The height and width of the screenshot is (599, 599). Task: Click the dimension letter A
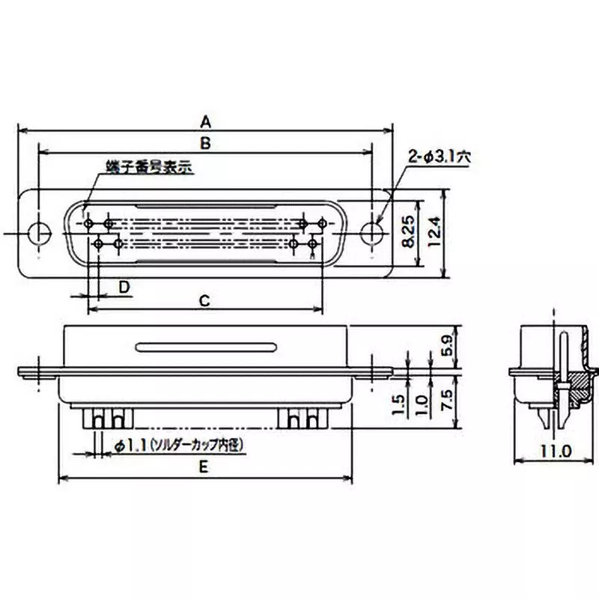point(206,120)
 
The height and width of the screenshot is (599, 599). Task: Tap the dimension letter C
point(203,300)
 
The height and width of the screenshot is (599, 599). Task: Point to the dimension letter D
point(125,287)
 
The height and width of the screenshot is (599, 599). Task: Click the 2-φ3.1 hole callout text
point(440,157)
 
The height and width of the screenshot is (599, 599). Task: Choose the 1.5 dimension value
point(399,406)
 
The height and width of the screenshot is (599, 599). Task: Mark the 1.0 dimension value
point(422,406)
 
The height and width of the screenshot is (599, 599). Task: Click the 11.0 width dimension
point(554,451)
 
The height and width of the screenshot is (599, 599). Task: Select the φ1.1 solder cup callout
point(180,445)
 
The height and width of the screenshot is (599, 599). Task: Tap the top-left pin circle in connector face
point(89,224)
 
